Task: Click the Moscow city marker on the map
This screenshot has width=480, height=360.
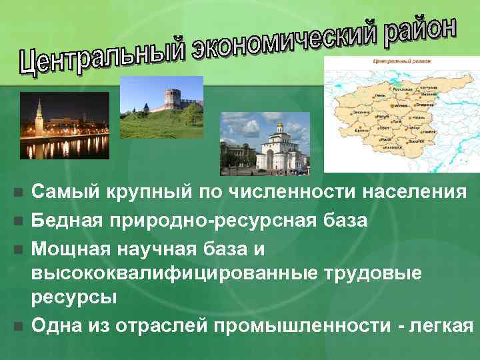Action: (x=392, y=107)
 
